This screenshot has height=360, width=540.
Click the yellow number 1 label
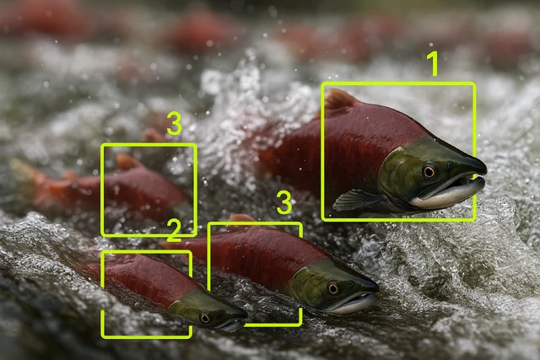click(433, 64)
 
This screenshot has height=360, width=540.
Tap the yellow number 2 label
click(175, 231)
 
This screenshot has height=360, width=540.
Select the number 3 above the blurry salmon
click(175, 124)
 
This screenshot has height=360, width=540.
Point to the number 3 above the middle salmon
click(284, 203)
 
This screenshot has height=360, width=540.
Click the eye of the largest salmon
click(429, 171)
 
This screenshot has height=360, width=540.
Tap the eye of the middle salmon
click(333, 288)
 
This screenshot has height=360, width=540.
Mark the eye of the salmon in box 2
click(204, 319)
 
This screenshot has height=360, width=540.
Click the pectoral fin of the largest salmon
click(357, 200)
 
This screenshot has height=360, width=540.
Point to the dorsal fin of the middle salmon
click(242, 218)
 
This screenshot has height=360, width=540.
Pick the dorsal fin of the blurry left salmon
click(127, 161)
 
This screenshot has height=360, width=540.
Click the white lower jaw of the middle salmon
click(351, 305)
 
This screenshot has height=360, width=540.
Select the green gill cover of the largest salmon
click(399, 172)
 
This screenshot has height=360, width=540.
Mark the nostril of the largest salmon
click(450, 165)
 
